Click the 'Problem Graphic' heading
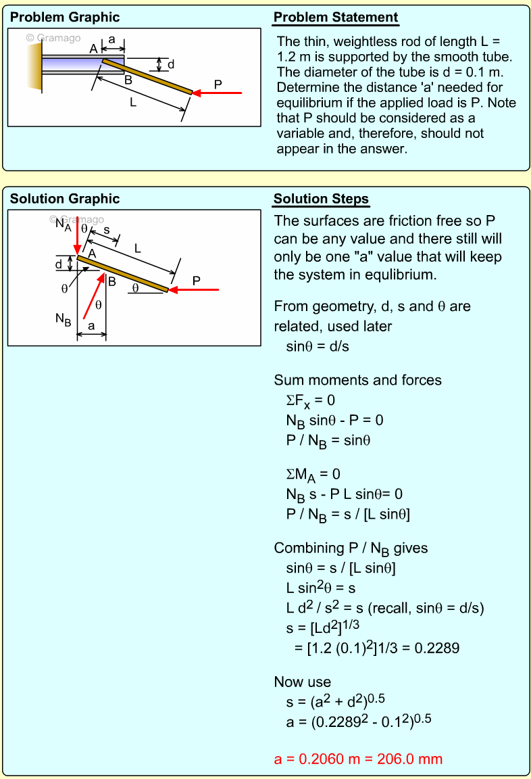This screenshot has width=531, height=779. click(65, 18)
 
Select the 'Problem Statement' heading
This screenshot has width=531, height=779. click(336, 18)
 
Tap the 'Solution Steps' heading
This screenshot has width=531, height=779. click(321, 199)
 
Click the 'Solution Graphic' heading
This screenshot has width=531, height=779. click(65, 199)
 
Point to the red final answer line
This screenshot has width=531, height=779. click(358, 759)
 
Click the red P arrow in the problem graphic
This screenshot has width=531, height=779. click(218, 93)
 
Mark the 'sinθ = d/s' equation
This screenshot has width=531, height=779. click(318, 346)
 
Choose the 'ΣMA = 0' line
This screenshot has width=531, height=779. click(313, 474)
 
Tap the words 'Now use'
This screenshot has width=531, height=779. click(303, 682)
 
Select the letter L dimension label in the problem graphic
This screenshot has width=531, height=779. click(133, 103)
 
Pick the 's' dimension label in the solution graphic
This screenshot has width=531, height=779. click(107, 230)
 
